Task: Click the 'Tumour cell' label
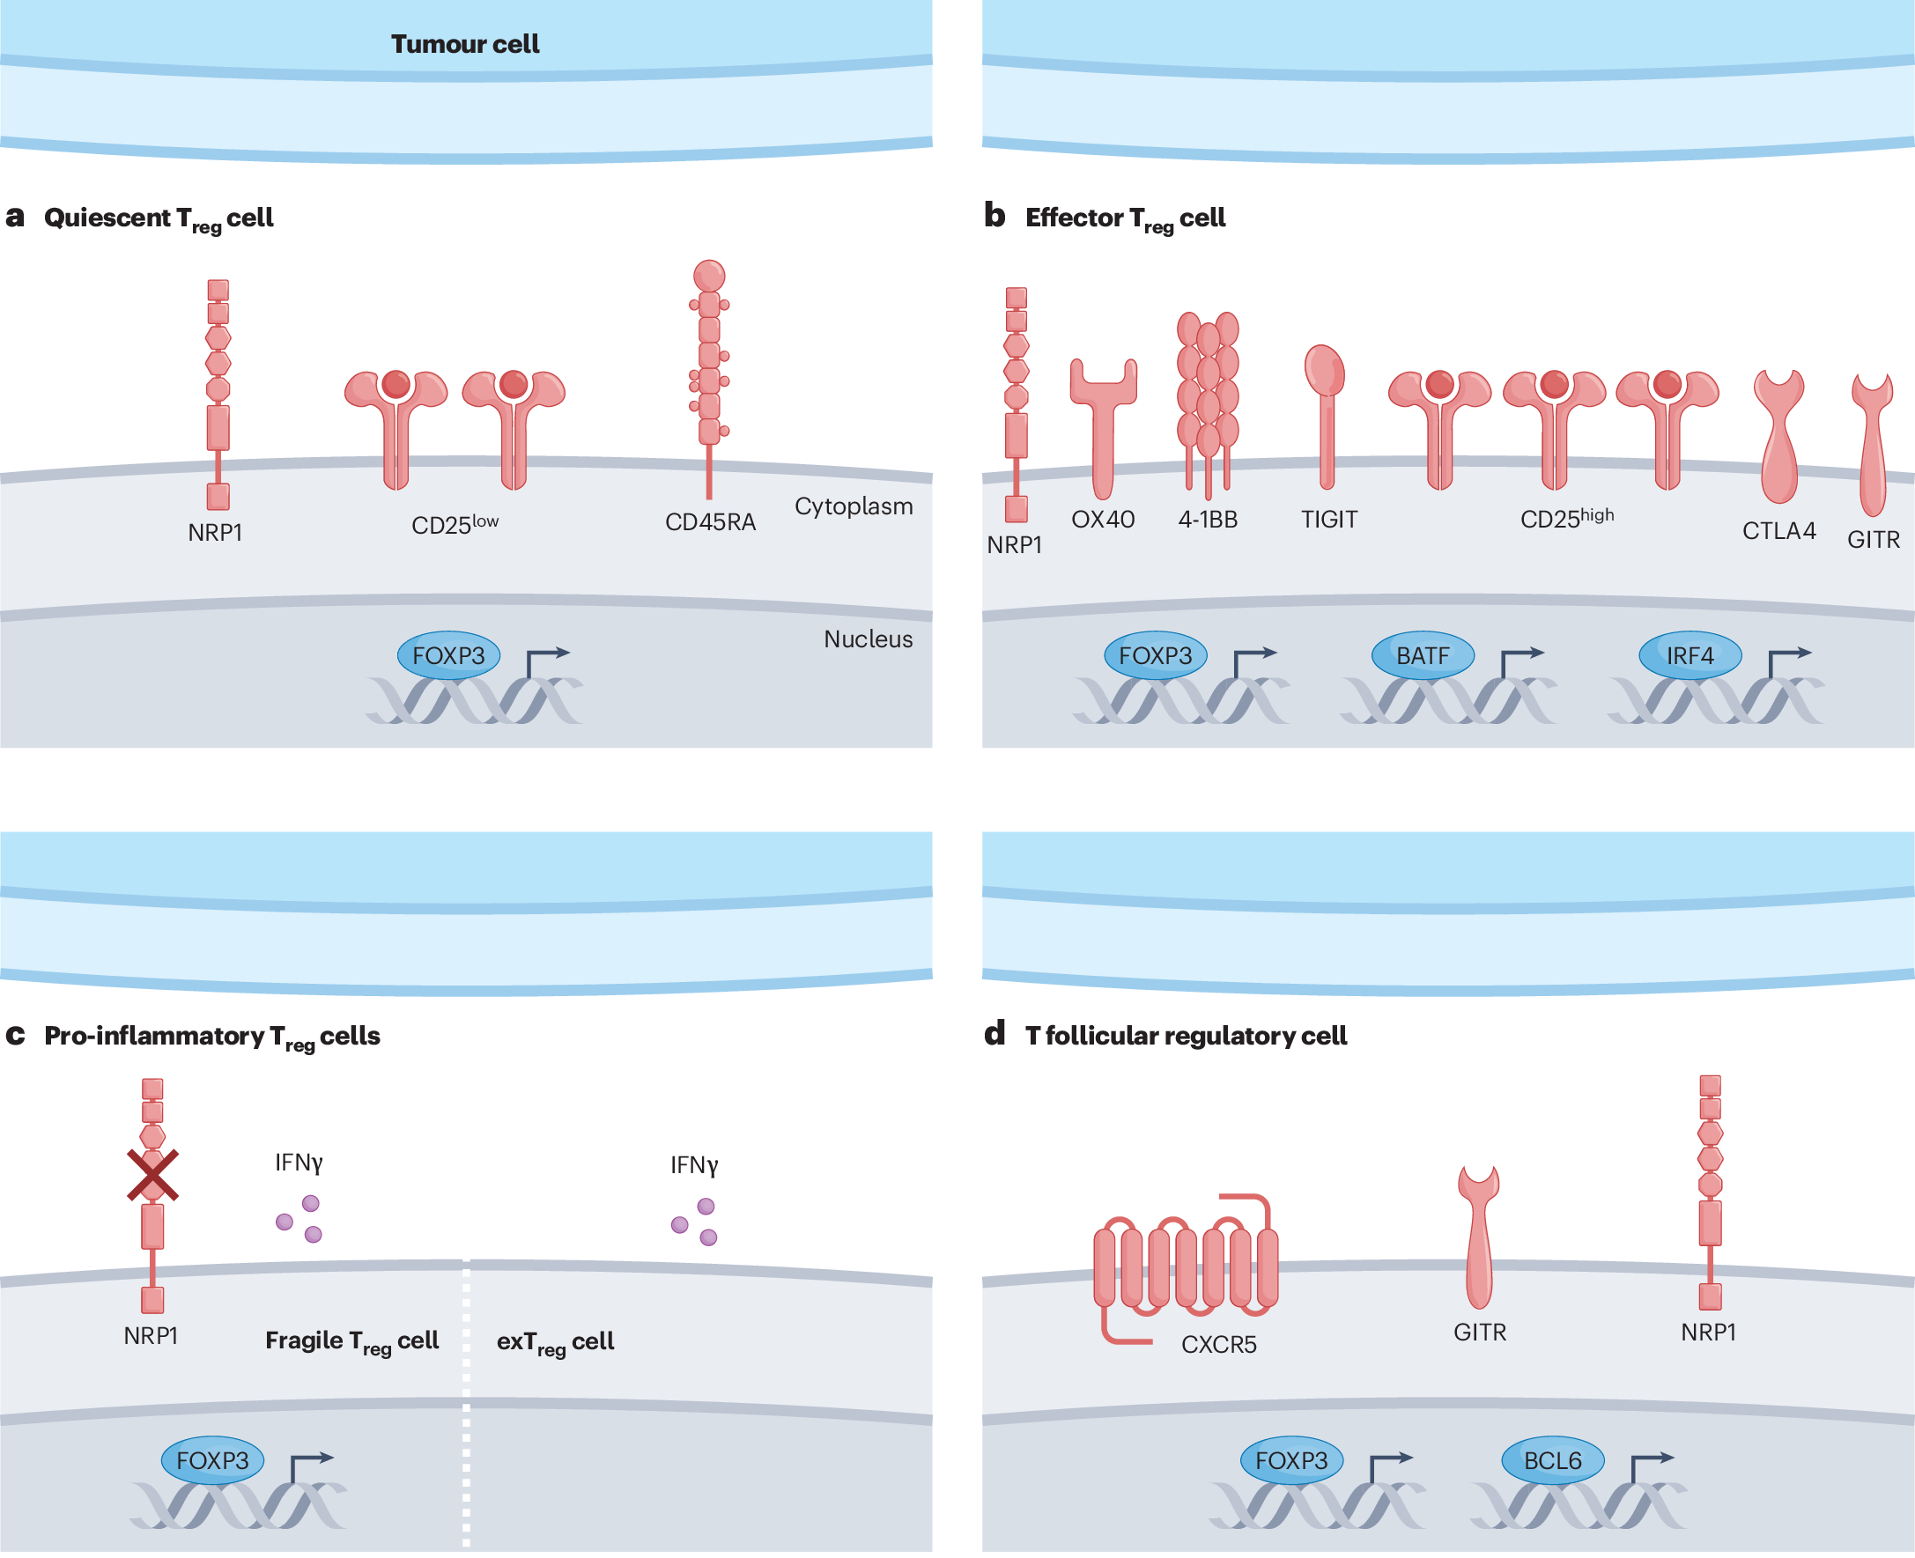click(465, 44)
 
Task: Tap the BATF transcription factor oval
click(1423, 656)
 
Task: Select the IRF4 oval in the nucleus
click(1689, 656)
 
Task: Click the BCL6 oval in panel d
click(1552, 1461)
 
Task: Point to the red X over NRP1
click(152, 1176)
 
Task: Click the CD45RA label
click(710, 522)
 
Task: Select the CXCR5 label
click(1218, 1345)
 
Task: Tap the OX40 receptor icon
click(1103, 422)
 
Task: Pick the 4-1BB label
click(1208, 520)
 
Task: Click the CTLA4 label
click(1778, 531)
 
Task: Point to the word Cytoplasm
click(854, 507)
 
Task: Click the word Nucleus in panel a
click(868, 640)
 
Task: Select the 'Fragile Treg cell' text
click(351, 1341)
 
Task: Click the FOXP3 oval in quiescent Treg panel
click(448, 656)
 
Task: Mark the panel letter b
click(994, 217)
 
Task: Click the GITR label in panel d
click(1480, 1333)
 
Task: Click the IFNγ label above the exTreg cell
click(693, 1166)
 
